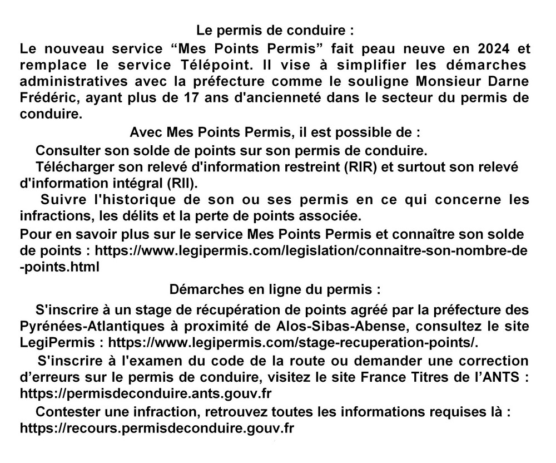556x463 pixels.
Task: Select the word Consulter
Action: tap(64, 150)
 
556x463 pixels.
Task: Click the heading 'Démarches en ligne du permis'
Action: tap(275, 290)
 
